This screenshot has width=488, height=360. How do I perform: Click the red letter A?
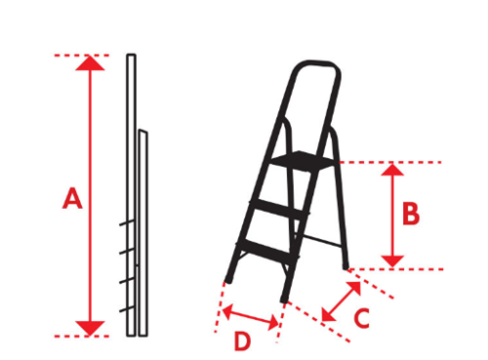click(72, 198)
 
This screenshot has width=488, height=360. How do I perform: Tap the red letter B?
click(411, 214)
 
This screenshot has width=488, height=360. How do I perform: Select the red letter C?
click(362, 318)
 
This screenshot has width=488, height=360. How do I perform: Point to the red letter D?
click(242, 341)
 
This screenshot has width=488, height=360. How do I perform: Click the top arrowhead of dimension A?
click(90, 63)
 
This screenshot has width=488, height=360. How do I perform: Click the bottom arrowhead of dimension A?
click(90, 328)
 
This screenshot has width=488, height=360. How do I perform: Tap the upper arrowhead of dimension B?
click(392, 170)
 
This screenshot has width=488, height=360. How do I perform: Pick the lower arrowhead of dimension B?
click(392, 261)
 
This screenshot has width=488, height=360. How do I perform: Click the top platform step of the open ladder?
click(304, 160)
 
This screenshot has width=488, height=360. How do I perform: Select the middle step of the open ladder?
click(279, 209)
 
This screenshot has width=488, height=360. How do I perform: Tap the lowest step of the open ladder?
click(267, 251)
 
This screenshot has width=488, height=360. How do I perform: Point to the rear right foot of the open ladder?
click(346, 265)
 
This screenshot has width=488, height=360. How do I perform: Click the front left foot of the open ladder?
click(228, 278)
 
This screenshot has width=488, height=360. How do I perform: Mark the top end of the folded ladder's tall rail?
click(131, 55)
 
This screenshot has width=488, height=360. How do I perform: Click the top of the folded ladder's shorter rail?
click(142, 131)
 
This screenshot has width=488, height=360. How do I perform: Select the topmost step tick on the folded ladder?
click(127, 222)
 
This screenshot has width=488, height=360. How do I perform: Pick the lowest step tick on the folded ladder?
click(127, 309)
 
